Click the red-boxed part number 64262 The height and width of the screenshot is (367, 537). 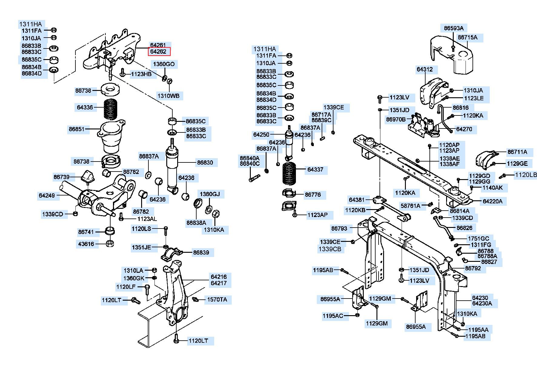pyautogui.click(x=159, y=52)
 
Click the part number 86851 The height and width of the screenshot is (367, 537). pyautogui.click(x=76, y=129)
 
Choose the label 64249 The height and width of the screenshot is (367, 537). pyautogui.click(x=47, y=195)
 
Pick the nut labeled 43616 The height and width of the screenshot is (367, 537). pyautogui.click(x=110, y=243)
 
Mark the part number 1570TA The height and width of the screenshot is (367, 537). pyautogui.click(x=217, y=300)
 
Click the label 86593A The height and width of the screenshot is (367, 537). pyautogui.click(x=454, y=28)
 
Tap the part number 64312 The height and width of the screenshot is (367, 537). pyautogui.click(x=425, y=69)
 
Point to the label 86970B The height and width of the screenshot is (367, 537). pyautogui.click(x=396, y=119)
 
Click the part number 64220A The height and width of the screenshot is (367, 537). pyautogui.click(x=492, y=201)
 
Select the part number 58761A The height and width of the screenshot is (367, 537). pyautogui.click(x=410, y=206)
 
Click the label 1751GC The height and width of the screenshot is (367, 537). pyautogui.click(x=478, y=239)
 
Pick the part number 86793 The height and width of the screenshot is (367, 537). pyautogui.click(x=339, y=228)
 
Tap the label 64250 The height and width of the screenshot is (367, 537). pyautogui.click(x=261, y=134)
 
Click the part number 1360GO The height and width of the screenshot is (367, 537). pyautogui.click(x=164, y=64)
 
